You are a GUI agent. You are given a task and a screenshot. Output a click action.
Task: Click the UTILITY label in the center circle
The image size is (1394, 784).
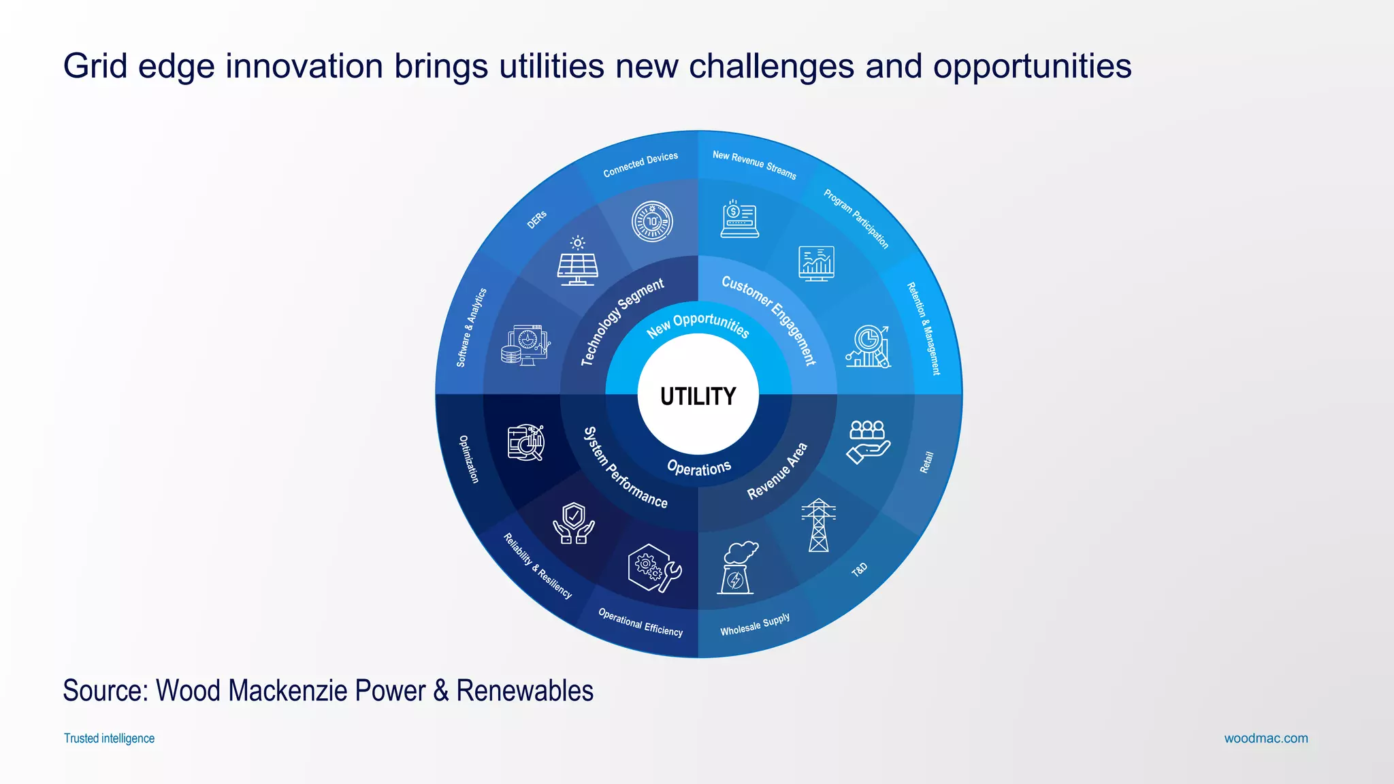click(698, 396)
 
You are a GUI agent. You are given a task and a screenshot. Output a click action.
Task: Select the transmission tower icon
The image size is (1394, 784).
click(818, 525)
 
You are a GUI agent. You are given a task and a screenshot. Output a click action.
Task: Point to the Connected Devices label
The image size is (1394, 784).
click(641, 165)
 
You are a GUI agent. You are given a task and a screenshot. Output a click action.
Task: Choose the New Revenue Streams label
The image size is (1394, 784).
click(754, 165)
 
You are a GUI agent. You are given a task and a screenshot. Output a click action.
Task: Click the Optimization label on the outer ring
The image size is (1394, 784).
click(469, 459)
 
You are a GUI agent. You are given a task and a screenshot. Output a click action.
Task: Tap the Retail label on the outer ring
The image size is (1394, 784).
click(926, 462)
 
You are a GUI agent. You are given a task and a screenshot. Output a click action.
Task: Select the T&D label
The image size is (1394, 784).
click(859, 569)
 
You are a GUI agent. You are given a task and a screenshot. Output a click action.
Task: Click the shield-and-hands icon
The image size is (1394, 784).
click(574, 523)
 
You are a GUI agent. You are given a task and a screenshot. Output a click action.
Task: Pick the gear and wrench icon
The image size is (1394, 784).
click(653, 567)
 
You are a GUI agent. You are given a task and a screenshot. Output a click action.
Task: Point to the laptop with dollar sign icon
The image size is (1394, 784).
click(739, 219)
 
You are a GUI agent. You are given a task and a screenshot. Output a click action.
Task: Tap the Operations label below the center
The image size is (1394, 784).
click(699, 468)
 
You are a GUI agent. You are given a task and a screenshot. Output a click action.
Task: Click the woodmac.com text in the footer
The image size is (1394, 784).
click(1266, 738)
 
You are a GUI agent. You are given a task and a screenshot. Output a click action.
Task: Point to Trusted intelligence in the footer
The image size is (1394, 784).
click(109, 738)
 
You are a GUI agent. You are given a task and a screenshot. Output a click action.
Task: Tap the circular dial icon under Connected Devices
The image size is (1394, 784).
click(652, 222)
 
